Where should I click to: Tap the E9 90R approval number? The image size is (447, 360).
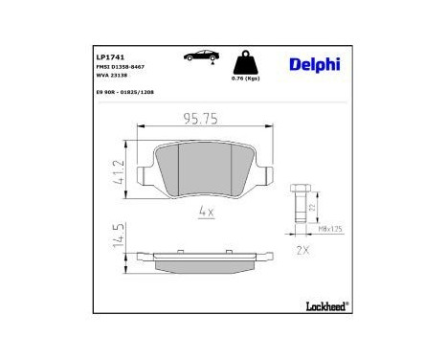pyautogui.click(x=124, y=94)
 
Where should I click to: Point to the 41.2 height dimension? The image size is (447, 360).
pyautogui.click(x=115, y=171)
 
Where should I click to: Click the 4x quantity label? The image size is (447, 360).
pyautogui.click(x=205, y=211)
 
